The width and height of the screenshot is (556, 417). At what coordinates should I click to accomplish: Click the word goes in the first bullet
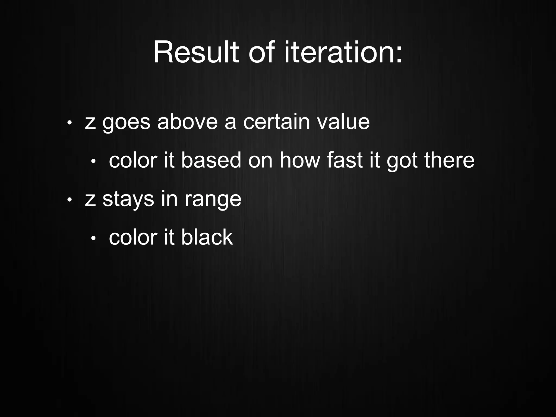pos(126,123)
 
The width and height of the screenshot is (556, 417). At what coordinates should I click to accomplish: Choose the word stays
pos(128,199)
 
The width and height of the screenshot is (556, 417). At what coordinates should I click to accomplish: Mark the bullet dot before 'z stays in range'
pos(69,200)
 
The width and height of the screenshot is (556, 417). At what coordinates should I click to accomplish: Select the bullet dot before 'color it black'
pos(93,238)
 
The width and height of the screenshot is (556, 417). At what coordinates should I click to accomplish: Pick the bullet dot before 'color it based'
pos(93,161)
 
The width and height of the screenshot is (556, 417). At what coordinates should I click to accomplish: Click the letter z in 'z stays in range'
pos(90,200)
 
